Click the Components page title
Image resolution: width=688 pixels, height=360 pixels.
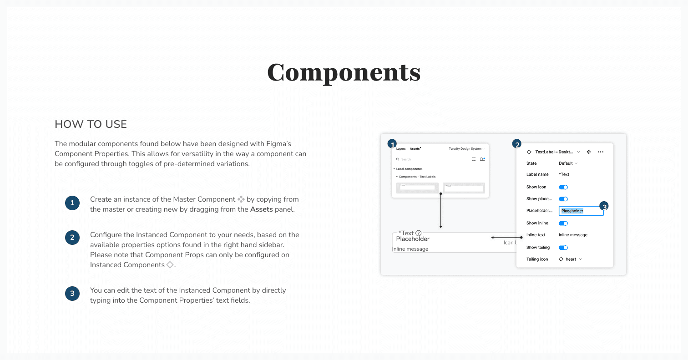(x=344, y=72)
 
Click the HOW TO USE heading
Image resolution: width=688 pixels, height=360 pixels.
(x=91, y=124)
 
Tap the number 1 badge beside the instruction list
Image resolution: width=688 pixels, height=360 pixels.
(x=72, y=203)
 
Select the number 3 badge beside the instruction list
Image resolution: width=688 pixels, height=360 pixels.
(x=72, y=294)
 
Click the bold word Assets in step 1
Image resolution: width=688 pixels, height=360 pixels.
(x=261, y=209)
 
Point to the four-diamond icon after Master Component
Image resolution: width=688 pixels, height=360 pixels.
(x=241, y=199)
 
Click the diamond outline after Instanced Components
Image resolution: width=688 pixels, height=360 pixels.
(x=170, y=265)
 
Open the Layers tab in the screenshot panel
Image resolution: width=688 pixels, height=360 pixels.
(x=400, y=149)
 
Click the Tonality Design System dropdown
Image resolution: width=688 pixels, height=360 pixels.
(x=466, y=149)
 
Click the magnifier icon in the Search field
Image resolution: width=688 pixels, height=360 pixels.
(x=398, y=159)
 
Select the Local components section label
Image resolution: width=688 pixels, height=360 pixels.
(x=409, y=169)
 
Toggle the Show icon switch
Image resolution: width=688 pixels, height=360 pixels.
(x=563, y=187)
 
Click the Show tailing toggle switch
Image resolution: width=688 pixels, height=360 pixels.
(x=563, y=248)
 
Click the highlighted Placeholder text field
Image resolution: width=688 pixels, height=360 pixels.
(x=581, y=211)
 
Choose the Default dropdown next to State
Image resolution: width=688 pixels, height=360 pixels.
(x=568, y=163)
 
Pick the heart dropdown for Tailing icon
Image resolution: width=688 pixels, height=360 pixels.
(x=571, y=259)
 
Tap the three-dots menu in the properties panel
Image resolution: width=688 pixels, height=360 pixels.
(x=601, y=152)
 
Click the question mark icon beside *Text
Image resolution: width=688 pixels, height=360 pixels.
(x=419, y=233)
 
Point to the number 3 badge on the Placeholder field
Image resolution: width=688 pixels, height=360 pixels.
(x=604, y=206)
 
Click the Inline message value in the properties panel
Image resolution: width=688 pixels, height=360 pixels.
(x=573, y=235)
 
